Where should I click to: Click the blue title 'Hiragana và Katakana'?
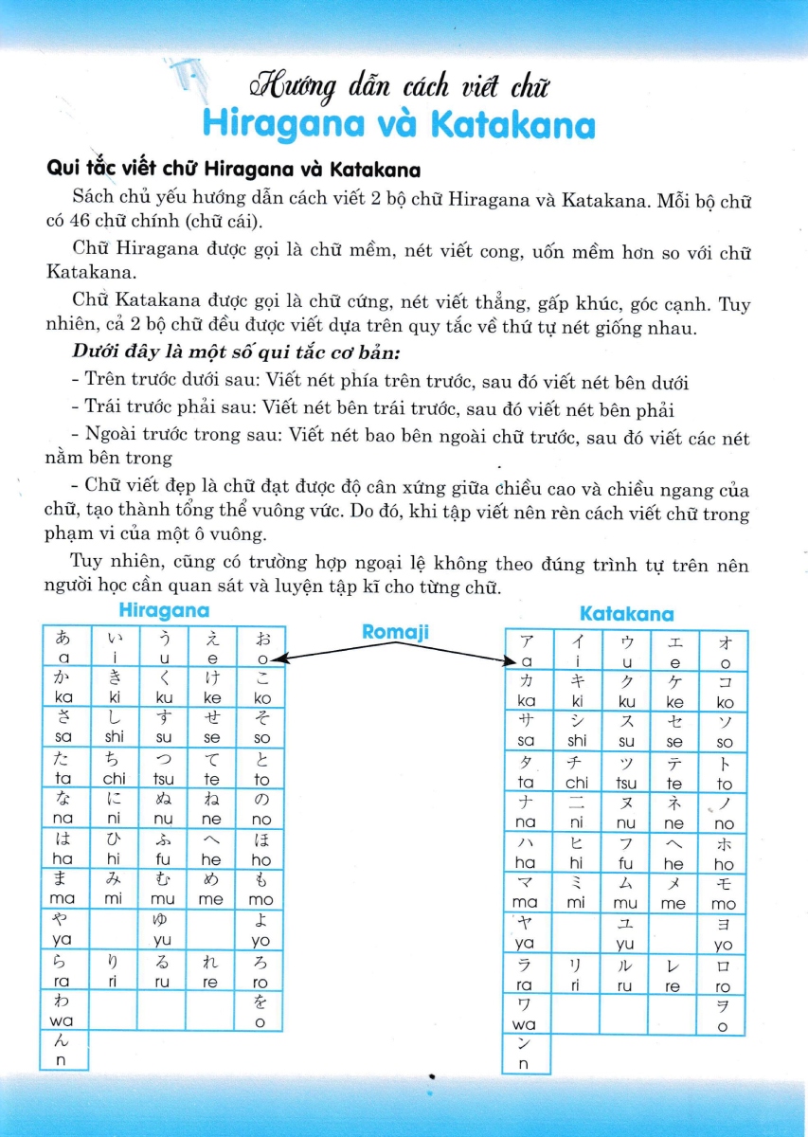[398, 126]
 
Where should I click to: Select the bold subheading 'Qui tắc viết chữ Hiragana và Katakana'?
[233, 171]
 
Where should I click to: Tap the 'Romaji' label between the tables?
[395, 630]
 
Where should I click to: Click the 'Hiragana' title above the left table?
[163, 611]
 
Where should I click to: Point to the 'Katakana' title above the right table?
[626, 614]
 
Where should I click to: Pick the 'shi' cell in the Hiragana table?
[116, 728]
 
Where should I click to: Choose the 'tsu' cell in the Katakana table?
[626, 773]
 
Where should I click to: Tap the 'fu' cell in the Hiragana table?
[163, 850]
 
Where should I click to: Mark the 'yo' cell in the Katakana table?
[724, 934]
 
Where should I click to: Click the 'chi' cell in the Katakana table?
[577, 773]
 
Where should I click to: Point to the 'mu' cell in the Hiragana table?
[163, 890]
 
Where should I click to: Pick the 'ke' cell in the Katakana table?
[674, 692]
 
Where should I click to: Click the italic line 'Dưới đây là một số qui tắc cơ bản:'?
[236, 352]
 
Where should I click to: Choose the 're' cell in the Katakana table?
[674, 975]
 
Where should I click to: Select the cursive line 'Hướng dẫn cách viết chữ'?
[399, 87]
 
